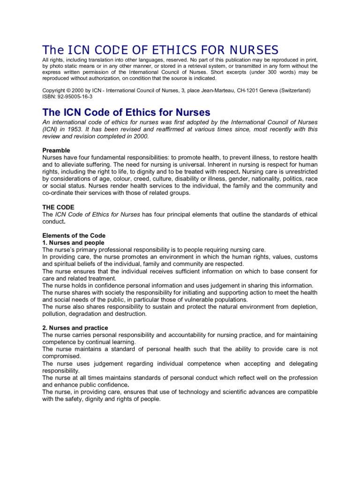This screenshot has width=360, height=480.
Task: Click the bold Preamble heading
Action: (57, 150)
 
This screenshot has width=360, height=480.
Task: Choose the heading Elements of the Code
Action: (74, 235)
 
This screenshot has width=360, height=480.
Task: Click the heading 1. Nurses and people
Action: (69, 242)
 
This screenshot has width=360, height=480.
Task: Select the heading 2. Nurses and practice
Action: (75, 328)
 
